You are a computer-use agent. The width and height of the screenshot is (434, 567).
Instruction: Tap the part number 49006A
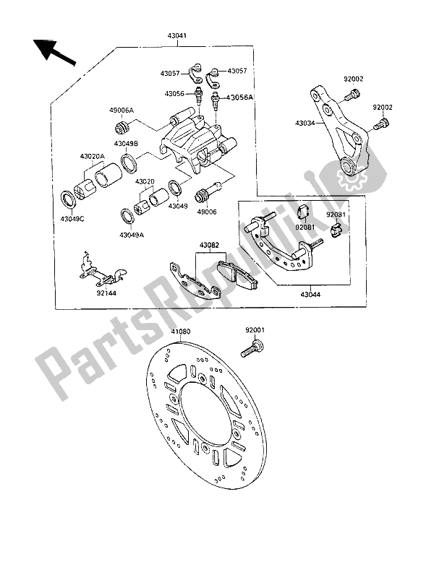point(122,110)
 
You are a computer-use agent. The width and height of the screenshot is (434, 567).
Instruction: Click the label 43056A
point(241,98)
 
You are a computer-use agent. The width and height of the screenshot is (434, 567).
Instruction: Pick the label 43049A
point(132,234)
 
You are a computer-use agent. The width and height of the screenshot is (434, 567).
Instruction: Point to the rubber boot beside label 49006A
point(122,129)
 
